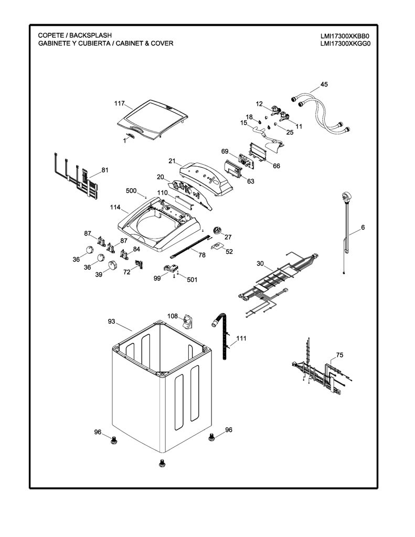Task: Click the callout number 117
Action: [x=119, y=103]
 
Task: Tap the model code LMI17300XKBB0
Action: [x=345, y=36]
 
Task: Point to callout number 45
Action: [x=324, y=84]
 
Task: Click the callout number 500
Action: [x=131, y=191]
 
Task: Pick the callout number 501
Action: [x=192, y=280]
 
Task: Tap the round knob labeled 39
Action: [x=112, y=265]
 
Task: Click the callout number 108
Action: [x=173, y=316]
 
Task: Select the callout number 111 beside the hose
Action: [x=241, y=338]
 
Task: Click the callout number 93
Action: [x=111, y=321]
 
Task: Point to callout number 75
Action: [x=339, y=355]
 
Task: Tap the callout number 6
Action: [x=363, y=228]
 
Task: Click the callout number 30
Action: [x=260, y=263]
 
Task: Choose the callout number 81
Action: [x=105, y=170]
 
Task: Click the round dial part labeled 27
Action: [x=217, y=231]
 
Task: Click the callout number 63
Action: [x=250, y=181]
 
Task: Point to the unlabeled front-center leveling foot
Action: [x=162, y=464]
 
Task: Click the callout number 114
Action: [x=115, y=207]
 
